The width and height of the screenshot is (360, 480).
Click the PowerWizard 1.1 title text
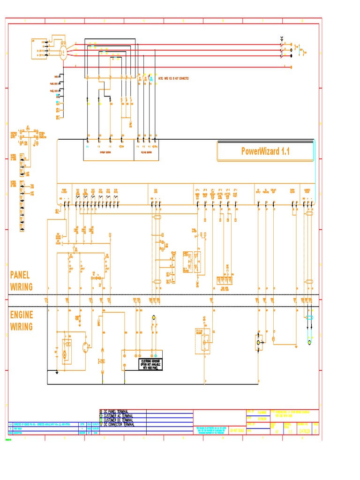(266, 151)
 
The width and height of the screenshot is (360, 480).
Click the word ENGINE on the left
(22, 315)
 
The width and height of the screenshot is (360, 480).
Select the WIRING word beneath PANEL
(22, 286)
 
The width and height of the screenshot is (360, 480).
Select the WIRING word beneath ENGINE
(22, 327)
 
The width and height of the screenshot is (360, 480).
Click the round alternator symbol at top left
(62, 53)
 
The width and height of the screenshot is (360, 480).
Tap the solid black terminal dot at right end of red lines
(291, 56)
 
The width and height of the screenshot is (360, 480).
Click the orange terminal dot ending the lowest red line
(292, 67)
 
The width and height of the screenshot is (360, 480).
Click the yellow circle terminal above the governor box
(153, 318)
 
